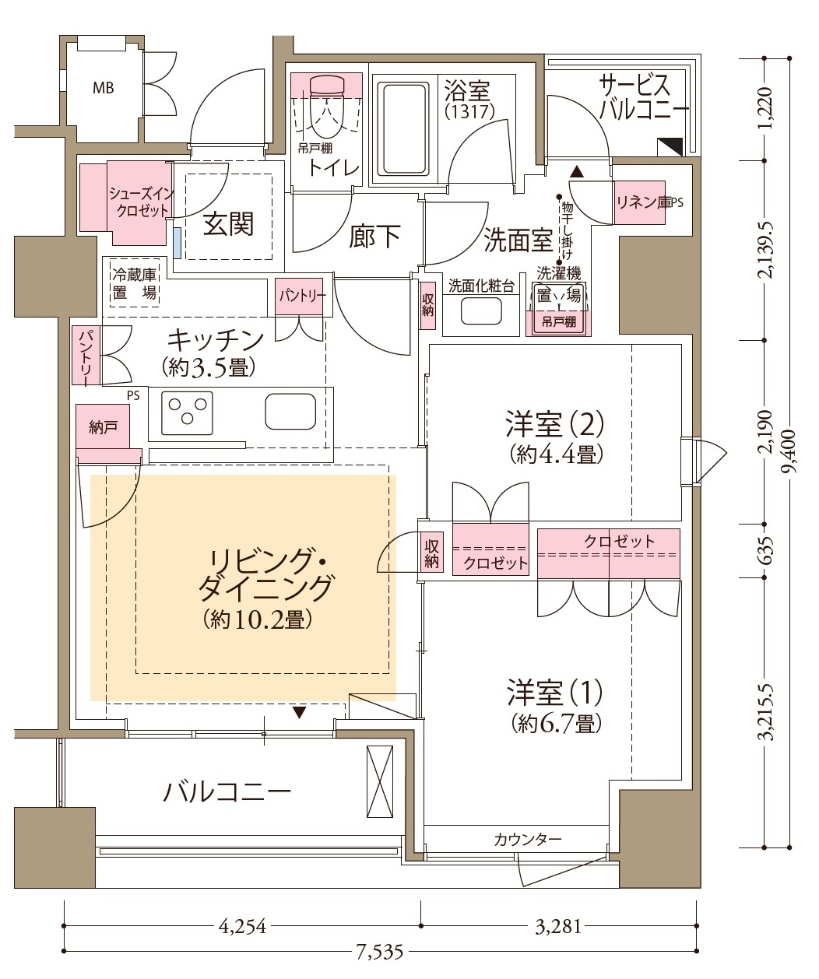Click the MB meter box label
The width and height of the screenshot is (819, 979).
pos(104,88)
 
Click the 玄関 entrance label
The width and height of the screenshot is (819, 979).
pos(228,223)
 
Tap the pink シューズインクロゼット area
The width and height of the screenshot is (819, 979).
pos(125,202)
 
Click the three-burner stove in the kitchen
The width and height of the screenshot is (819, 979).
pos(187,412)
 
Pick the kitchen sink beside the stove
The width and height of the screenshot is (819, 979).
pos(290,411)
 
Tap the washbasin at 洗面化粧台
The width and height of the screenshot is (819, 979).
pos(481,311)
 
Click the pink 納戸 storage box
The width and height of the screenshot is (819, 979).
pos(103,427)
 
